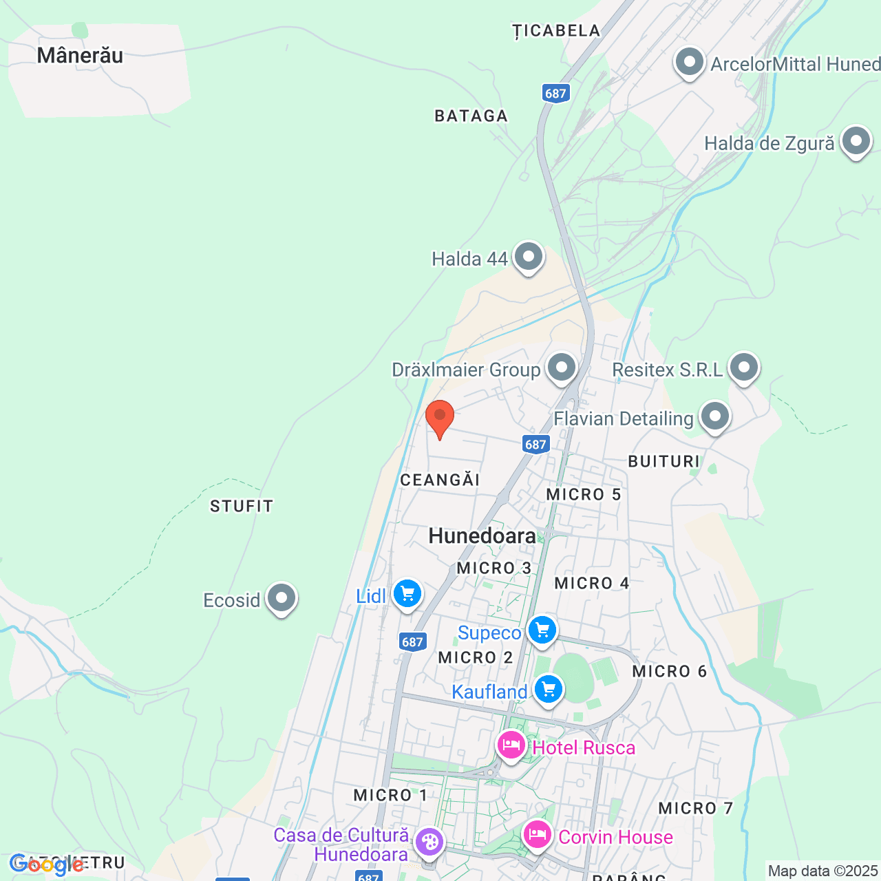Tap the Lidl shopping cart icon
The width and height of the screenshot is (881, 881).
[x=407, y=593]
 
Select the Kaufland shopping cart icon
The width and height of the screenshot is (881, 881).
[x=549, y=689]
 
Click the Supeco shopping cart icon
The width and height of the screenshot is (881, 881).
[x=542, y=630]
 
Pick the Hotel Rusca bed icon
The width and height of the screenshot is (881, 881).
[x=511, y=745]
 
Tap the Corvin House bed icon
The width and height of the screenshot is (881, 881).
[x=537, y=836]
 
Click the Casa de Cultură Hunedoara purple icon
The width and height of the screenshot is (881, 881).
[x=429, y=842]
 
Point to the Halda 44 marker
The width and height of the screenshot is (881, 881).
[x=529, y=257]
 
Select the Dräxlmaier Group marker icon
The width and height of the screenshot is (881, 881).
[x=562, y=368]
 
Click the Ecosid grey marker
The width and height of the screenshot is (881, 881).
[x=281, y=598]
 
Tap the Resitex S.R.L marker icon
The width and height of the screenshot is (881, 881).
[x=744, y=368]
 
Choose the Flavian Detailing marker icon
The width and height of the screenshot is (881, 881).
[x=715, y=416]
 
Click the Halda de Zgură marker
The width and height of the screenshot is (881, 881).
[x=856, y=142]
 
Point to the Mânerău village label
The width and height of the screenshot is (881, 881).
[x=80, y=55]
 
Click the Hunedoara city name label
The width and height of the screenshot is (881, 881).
[x=482, y=535]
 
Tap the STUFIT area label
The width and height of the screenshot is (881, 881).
[x=242, y=507]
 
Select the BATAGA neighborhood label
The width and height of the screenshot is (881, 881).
[x=471, y=116]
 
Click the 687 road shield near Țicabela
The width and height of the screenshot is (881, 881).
[x=555, y=94]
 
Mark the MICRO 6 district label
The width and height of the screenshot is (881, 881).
[x=669, y=672]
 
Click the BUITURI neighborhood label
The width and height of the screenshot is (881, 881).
[x=664, y=462]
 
